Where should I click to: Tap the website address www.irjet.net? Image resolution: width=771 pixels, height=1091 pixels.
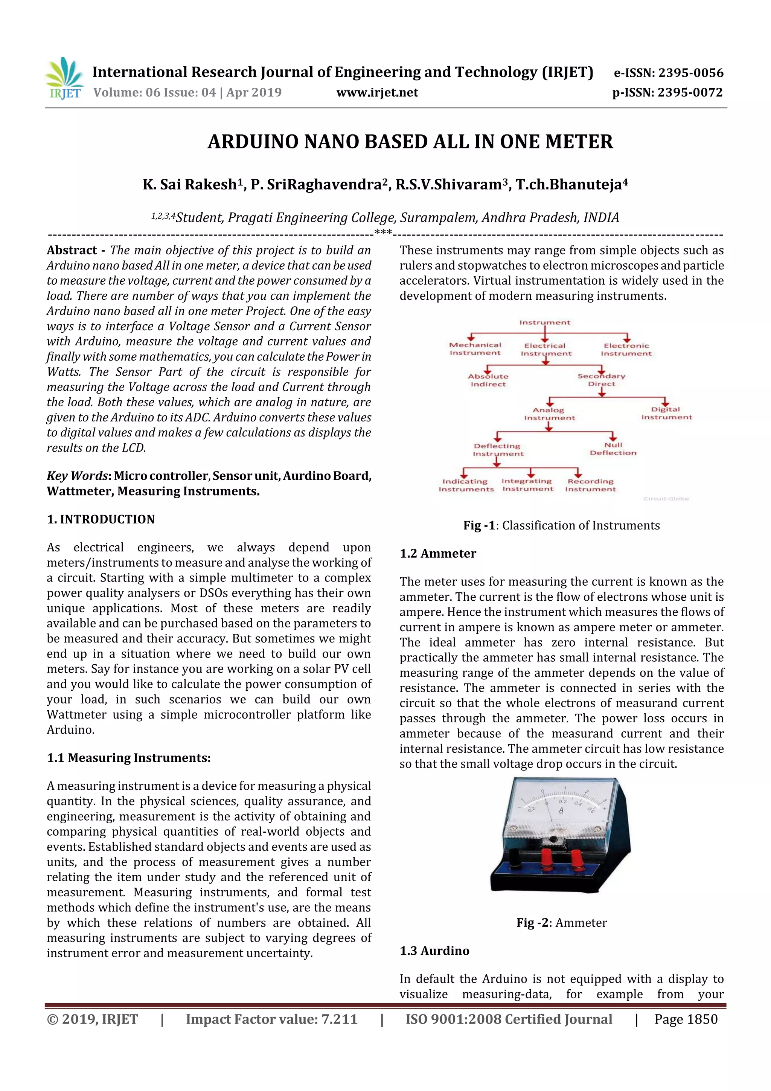pyautogui.click(x=377, y=93)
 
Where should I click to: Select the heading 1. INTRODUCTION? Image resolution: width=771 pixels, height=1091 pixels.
pyautogui.click(x=101, y=519)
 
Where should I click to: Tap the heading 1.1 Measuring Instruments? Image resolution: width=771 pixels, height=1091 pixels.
pyautogui.click(x=128, y=758)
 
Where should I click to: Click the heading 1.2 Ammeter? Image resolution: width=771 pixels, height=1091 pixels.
pyautogui.click(x=437, y=554)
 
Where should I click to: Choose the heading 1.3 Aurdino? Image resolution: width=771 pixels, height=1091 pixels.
pyautogui.click(x=434, y=951)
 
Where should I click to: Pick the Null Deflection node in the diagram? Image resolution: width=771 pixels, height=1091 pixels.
pyautogui.click(x=613, y=449)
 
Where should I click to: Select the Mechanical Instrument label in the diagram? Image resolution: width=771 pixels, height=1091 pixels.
pyautogui.click(x=475, y=349)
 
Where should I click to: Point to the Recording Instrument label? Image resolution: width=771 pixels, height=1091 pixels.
pyautogui.click(x=590, y=485)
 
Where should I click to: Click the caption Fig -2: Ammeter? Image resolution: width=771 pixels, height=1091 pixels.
pyautogui.click(x=562, y=923)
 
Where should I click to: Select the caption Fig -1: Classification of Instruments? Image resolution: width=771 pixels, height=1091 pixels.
pyautogui.click(x=562, y=526)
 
